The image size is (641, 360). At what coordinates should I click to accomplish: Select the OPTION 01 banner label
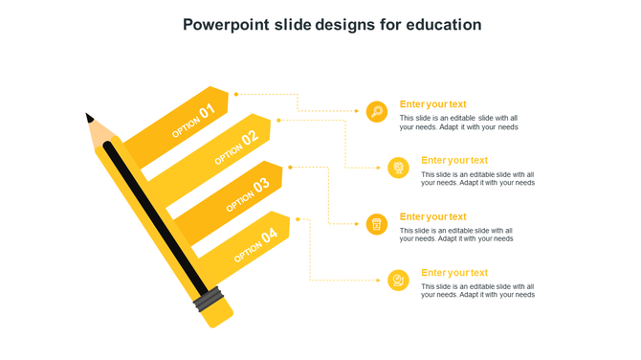[x=193, y=122]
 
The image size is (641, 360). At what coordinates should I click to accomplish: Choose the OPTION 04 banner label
[x=255, y=244]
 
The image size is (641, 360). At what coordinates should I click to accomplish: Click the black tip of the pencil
[x=89, y=118]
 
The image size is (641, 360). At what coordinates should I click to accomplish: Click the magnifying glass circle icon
[x=377, y=111]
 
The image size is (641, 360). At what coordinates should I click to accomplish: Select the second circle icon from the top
[x=399, y=168]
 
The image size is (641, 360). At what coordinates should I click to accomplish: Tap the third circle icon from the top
[x=377, y=224]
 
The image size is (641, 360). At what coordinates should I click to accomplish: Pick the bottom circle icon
[x=399, y=280]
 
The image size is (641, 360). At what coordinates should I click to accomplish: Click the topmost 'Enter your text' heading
[x=432, y=104]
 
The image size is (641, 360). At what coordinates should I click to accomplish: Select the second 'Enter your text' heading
[x=454, y=160]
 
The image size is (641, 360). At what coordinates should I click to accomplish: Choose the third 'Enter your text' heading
[x=432, y=216]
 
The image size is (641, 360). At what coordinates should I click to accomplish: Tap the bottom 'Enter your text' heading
[x=454, y=273]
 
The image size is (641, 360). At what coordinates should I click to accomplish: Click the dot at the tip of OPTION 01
[x=236, y=94]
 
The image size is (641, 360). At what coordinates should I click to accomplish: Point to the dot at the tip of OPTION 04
[x=298, y=219]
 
